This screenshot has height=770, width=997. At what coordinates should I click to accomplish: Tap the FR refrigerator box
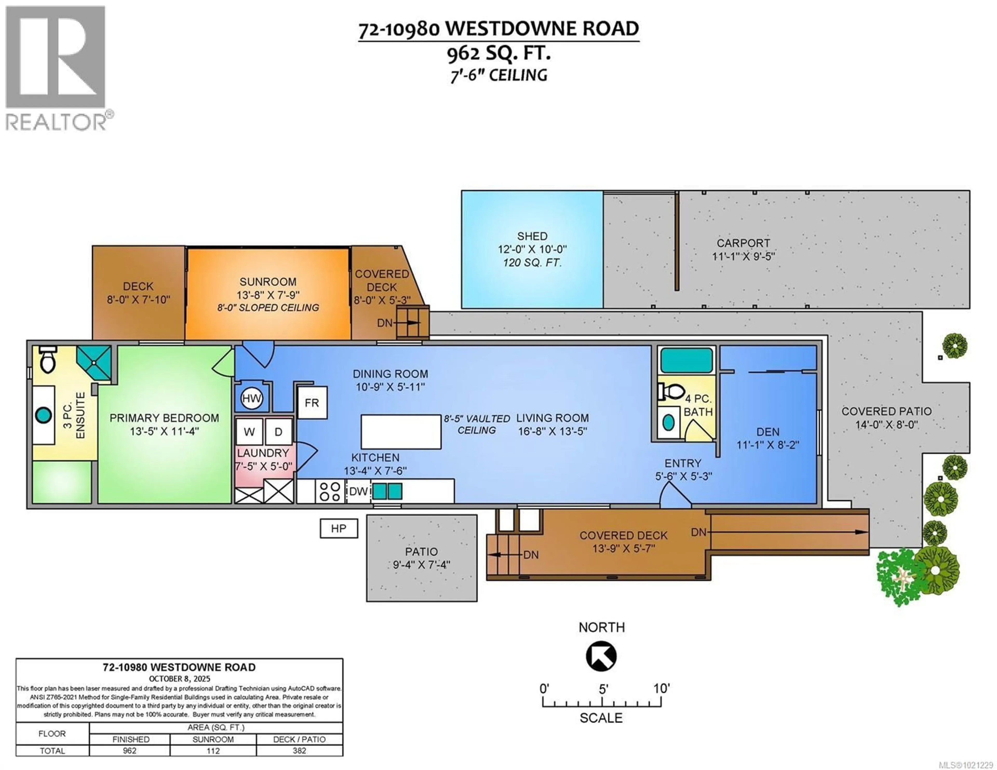pyautogui.click(x=312, y=403)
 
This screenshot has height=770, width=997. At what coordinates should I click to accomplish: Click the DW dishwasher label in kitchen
pyautogui.click(x=358, y=491)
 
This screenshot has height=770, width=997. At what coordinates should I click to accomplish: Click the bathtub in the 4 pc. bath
pyautogui.click(x=686, y=360)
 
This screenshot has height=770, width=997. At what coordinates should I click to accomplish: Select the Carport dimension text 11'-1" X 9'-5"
pyautogui.click(x=743, y=256)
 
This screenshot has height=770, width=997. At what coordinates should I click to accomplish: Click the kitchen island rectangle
pyautogui.click(x=401, y=431)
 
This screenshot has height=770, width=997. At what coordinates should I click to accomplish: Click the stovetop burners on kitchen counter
pyautogui.click(x=329, y=491)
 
